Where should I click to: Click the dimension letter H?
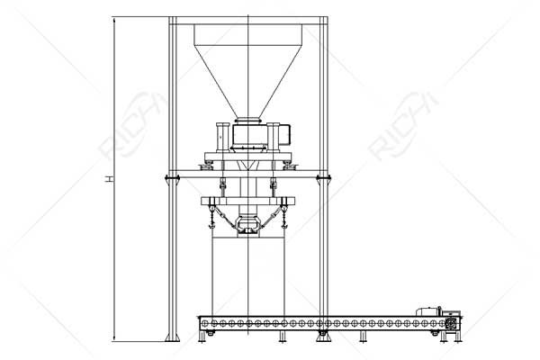[x=109, y=179]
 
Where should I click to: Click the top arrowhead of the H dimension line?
[x=114, y=20]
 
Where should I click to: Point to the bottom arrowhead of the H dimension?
[x=114, y=337]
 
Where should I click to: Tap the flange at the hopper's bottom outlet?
[x=248, y=121]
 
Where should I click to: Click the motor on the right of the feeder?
[x=283, y=134]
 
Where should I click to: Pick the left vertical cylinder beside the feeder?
[x=222, y=137]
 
